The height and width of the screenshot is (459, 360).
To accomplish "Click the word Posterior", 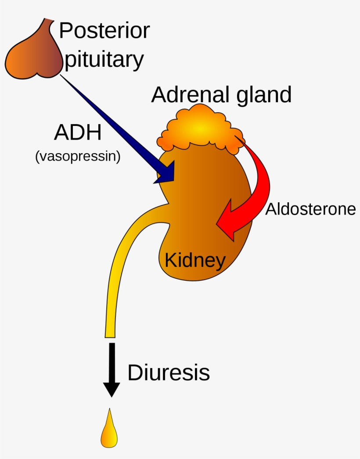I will coord(104,31).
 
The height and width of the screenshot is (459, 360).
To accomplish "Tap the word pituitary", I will coord(104,60).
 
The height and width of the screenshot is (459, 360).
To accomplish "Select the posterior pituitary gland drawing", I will coord(33,55).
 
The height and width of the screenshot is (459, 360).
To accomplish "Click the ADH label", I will coord(78,133).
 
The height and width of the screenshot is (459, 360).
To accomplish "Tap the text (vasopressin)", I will coord(78,156).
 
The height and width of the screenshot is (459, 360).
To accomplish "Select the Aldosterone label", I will coord(310,209).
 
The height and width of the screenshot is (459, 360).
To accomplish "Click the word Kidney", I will coord(195,260).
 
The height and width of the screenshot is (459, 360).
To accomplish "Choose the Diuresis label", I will coord(169,373).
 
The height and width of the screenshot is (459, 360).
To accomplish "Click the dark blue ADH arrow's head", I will coord(166,173).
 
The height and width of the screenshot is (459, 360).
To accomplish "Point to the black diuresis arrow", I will coord(112,369).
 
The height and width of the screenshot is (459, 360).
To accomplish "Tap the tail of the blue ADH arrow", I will coord(64,78).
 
